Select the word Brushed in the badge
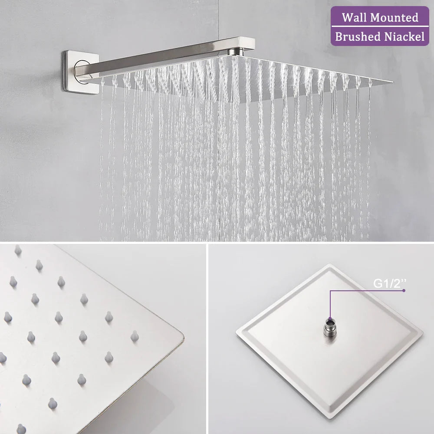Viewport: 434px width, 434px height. [357, 37]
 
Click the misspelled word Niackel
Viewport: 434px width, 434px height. [404, 37]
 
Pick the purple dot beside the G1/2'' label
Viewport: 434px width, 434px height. [404, 290]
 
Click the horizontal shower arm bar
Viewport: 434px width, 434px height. [165, 57]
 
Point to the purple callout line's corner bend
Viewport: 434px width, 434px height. [330, 291]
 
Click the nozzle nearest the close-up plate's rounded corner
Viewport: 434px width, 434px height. [135, 336]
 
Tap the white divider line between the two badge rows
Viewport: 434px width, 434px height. [380, 27]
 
